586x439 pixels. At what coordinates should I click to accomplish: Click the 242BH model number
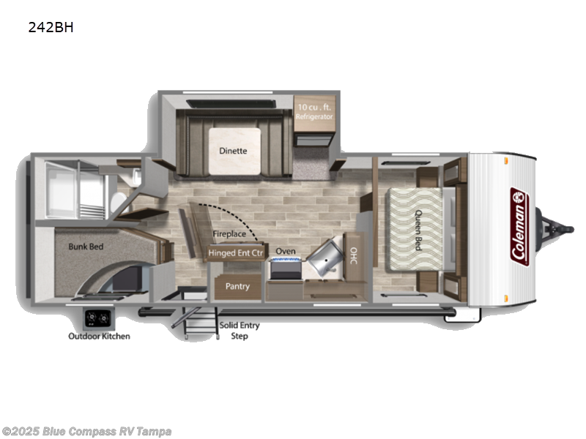click(51, 28)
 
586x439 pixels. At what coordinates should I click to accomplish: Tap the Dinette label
click(233, 151)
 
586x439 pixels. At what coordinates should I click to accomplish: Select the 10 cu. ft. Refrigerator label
click(314, 112)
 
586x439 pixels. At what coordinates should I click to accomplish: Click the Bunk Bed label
click(86, 247)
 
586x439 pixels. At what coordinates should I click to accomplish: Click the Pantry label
click(237, 286)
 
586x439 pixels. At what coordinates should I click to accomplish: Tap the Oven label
click(285, 251)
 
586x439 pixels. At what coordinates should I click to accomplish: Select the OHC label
click(353, 255)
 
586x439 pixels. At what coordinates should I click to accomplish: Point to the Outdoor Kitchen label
click(99, 337)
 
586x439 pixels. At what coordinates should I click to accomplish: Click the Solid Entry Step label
click(240, 331)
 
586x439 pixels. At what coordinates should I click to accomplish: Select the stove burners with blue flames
click(285, 260)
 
